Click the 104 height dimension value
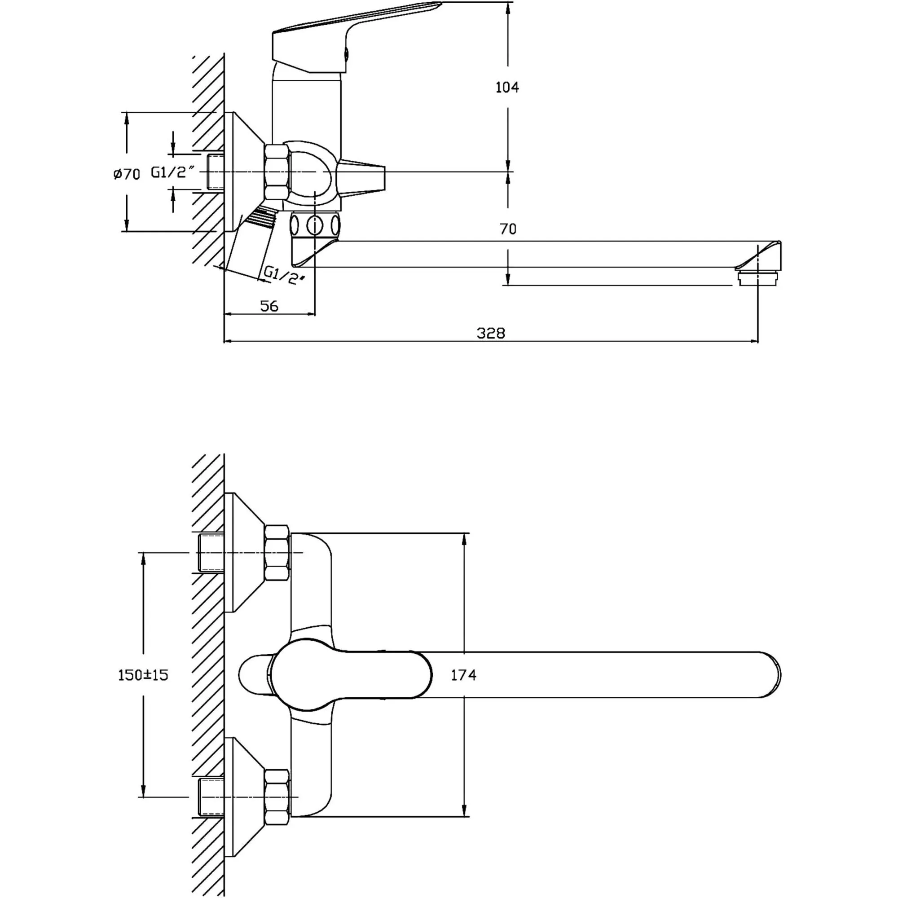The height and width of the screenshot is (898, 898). click(x=507, y=87)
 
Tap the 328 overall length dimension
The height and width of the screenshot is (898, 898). click(x=490, y=333)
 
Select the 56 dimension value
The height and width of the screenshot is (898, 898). click(x=269, y=306)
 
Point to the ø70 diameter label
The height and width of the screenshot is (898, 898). click(x=127, y=174)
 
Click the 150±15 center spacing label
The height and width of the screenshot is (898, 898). click(x=143, y=675)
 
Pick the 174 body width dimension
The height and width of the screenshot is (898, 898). click(x=463, y=675)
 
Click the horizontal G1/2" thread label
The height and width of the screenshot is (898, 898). click(x=172, y=172)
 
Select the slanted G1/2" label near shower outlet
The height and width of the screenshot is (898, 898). click(x=283, y=275)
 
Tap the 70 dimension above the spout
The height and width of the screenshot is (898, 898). click(x=507, y=229)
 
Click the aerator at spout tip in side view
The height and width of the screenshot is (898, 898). click(x=757, y=279)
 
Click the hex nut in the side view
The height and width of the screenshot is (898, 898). click(x=277, y=172)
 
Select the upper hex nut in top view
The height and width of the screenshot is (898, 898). click(x=277, y=553)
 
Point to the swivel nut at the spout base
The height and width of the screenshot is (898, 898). click(x=315, y=225)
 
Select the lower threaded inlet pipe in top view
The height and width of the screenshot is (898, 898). click(x=211, y=797)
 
